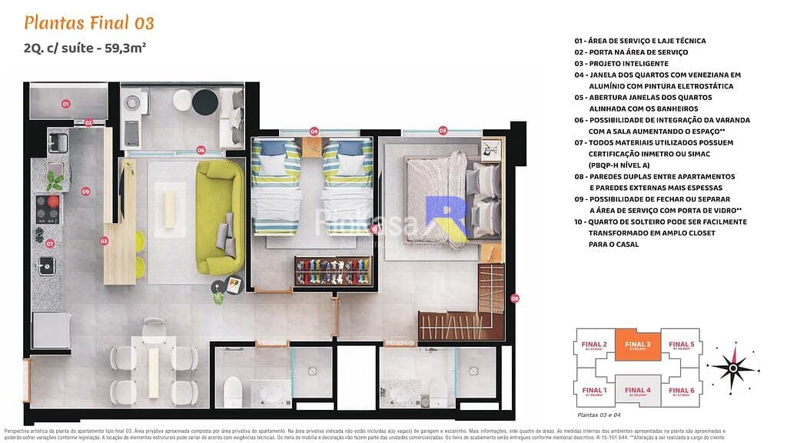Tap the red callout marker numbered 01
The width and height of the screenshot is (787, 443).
point(66,103)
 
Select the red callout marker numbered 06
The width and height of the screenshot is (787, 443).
point(201,150)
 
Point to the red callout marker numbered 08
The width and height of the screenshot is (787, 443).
point(515,298)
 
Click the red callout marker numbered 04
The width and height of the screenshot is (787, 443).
point(314,132)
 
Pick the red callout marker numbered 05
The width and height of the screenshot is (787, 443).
point(443,131)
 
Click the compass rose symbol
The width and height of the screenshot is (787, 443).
point(732,368)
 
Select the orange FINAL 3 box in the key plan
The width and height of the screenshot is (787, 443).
point(637,346)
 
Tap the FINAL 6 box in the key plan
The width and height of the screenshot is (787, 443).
point(681,393)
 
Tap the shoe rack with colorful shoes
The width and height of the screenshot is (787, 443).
point(332,271)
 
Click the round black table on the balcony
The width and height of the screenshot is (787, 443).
point(204,102)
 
